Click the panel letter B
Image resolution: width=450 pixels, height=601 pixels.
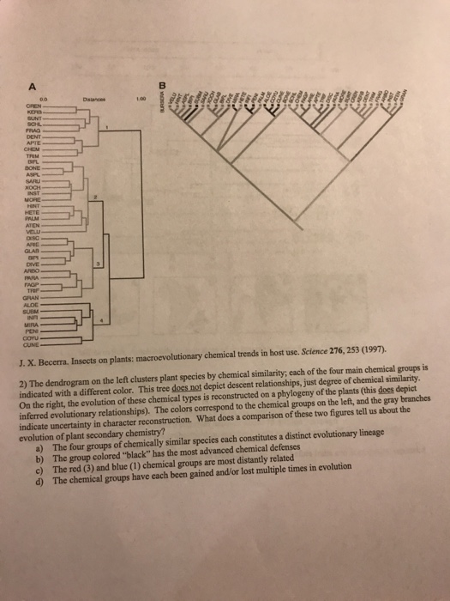[160, 84]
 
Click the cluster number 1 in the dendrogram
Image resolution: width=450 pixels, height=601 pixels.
[105, 128]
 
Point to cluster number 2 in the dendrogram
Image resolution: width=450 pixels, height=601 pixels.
[97, 198]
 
